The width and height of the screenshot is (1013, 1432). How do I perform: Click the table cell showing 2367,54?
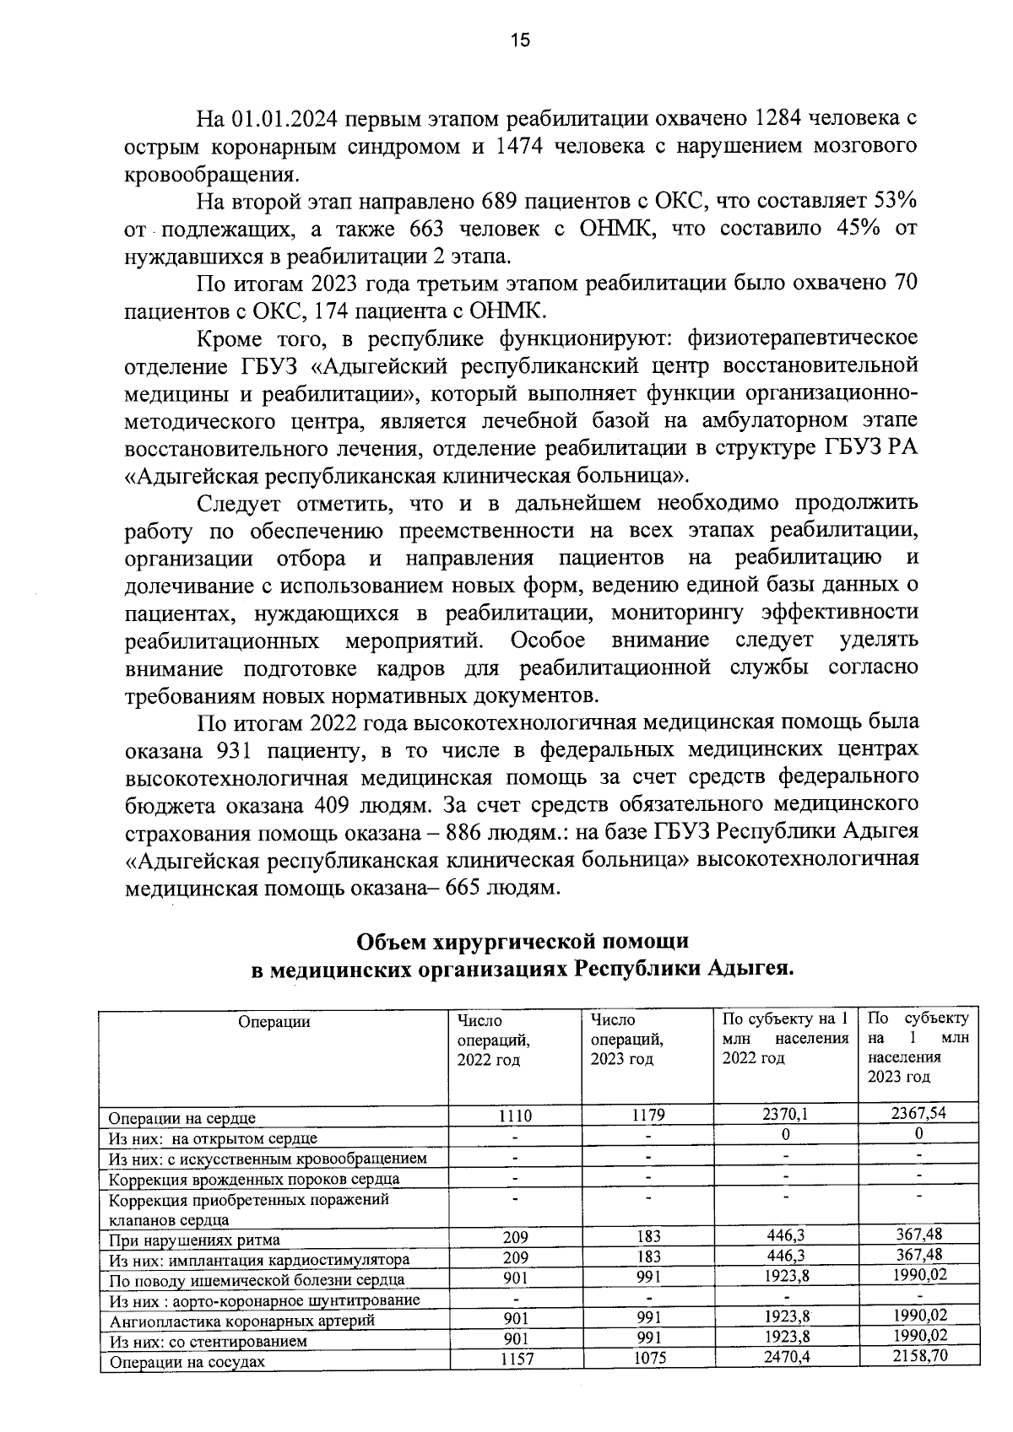[918, 1113]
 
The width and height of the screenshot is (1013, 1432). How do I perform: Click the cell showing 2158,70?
[918, 1358]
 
